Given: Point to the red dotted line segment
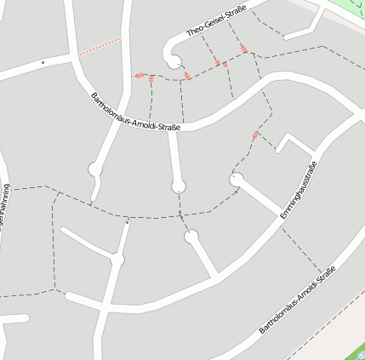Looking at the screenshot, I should [100, 46].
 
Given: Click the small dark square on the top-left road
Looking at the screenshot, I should [43, 62].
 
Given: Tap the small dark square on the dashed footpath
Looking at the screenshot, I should [127, 223].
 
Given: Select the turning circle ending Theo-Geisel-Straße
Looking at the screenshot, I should [174, 62].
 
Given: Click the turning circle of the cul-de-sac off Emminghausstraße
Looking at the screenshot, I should [236, 179].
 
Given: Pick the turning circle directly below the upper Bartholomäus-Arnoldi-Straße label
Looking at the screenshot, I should [179, 186].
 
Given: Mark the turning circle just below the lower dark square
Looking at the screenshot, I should [117, 259].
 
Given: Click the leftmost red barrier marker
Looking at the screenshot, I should [139, 76].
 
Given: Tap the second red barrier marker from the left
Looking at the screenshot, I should [151, 78].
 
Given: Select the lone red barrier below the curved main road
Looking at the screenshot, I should [255, 134].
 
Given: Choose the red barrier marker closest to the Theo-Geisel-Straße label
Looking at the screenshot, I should [244, 49].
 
